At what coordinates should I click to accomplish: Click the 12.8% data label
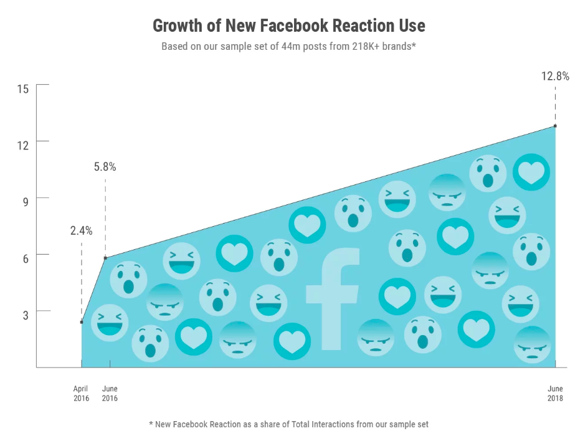(555, 77)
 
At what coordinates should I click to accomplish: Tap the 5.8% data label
(105, 167)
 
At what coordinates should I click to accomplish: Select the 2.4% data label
(81, 231)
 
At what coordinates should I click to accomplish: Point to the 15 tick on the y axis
(23, 88)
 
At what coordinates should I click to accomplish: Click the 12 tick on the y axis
(23, 145)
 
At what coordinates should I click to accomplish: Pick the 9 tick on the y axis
(26, 202)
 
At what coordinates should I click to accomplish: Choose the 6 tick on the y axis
(26, 258)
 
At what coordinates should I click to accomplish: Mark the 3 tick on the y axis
(26, 315)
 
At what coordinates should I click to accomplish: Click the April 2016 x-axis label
(81, 394)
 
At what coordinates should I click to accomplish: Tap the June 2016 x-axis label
(110, 394)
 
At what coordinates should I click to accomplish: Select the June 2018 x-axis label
(555, 394)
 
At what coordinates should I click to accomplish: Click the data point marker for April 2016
(82, 322)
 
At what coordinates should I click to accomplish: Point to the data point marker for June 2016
(105, 258)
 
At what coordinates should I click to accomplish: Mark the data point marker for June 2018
(555, 126)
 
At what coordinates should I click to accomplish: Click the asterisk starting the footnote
(151, 424)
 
